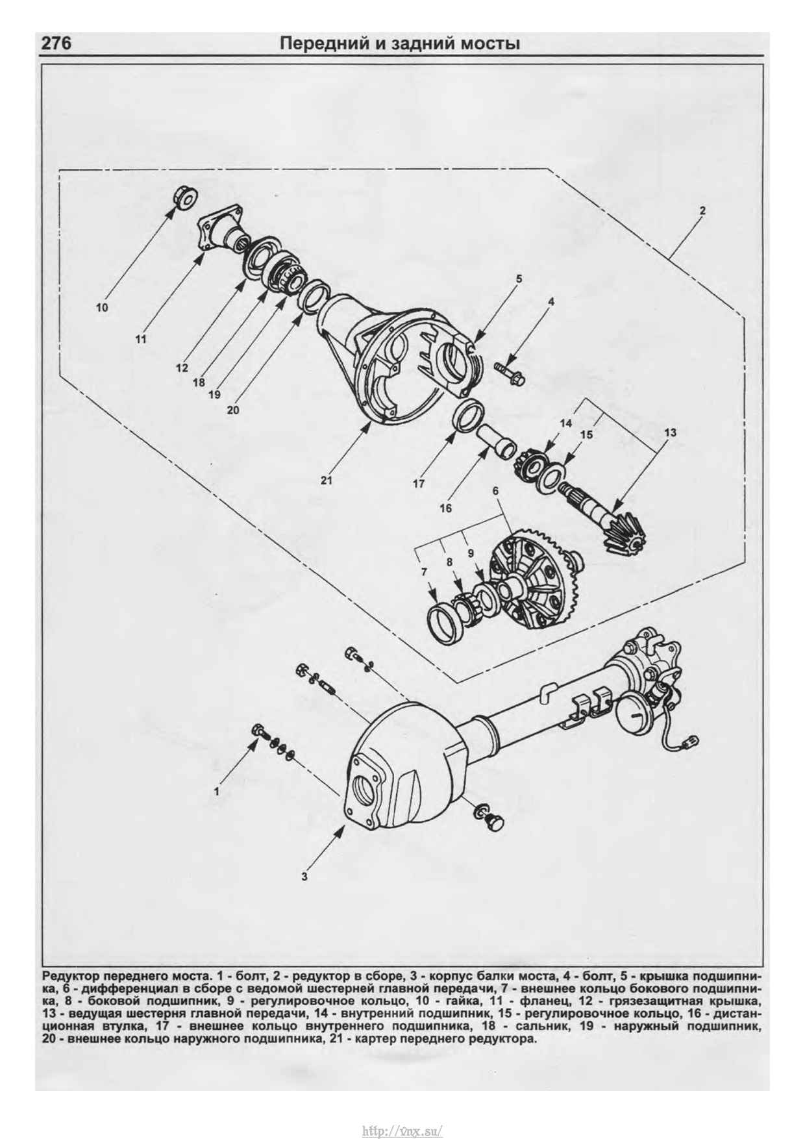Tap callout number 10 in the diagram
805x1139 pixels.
tap(102, 308)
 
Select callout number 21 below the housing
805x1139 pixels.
tap(326, 481)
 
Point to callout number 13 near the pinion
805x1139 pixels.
tap(670, 432)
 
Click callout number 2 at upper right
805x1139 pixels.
tap(702, 210)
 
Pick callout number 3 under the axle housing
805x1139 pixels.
tap(304, 877)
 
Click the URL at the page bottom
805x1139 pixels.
tap(402, 1131)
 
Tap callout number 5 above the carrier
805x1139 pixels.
tap(519, 279)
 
